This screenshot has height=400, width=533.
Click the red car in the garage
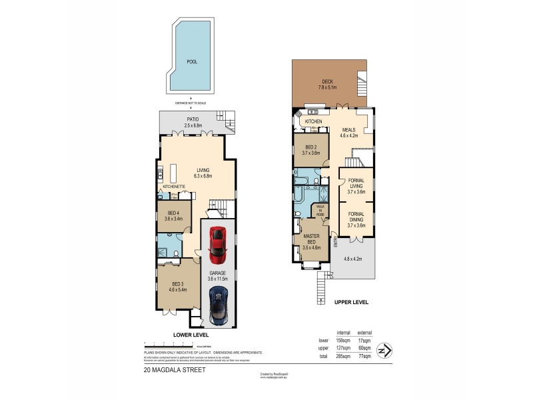click(x=217, y=246)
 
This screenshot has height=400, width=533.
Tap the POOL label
click(x=192, y=61)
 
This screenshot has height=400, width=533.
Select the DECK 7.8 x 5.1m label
click(x=327, y=85)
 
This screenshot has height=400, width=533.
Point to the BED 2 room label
click(x=311, y=149)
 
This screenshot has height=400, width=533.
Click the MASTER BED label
click(x=311, y=241)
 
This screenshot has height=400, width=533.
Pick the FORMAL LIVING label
click(x=356, y=188)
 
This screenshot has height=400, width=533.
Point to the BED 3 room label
click(x=175, y=288)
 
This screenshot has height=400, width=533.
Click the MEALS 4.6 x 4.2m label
click(x=349, y=133)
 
